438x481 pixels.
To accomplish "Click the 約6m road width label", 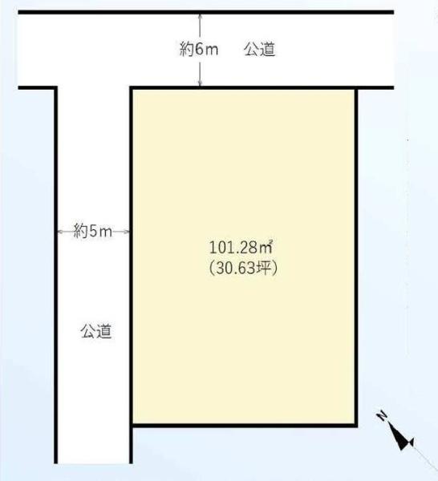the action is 199,49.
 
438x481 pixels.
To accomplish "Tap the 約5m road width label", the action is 93,232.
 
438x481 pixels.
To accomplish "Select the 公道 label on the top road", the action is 260,49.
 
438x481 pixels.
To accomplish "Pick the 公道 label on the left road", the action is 96,331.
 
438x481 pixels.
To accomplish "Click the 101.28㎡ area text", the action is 241,248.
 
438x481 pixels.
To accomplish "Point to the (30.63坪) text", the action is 244,269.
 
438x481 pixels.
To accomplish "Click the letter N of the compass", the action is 383,415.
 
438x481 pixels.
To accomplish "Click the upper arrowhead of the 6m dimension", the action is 200,16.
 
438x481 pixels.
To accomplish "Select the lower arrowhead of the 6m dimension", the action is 200,83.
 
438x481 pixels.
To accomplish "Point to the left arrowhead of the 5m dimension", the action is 60,232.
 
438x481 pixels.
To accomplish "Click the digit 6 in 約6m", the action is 200,50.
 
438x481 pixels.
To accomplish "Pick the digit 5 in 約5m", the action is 93,232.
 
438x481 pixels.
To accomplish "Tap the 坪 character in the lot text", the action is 263,269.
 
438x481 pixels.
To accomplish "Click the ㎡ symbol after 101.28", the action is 266,247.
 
